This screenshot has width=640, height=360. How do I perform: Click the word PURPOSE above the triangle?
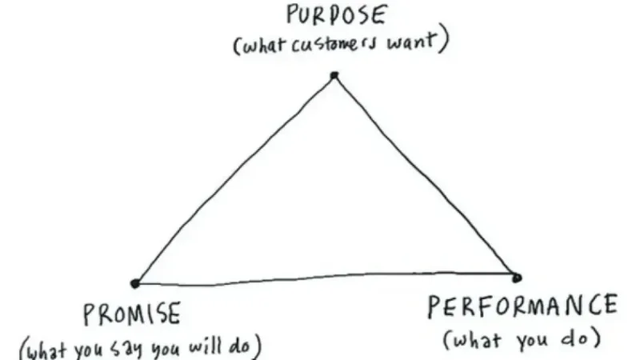pyautogui.click(x=335, y=15)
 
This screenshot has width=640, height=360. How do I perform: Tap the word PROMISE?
pyautogui.click(x=132, y=314)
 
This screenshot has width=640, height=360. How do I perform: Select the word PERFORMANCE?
pyautogui.click(x=522, y=306)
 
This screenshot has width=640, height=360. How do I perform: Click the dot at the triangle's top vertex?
pyautogui.click(x=334, y=75)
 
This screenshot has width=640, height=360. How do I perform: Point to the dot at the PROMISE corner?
pyautogui.click(x=134, y=283)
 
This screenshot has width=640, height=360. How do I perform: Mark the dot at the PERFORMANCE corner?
pyautogui.click(x=516, y=278)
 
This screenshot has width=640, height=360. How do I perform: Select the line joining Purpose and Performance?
pyautogui.click(x=425, y=175)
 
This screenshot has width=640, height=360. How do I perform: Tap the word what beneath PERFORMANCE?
pyautogui.click(x=477, y=339)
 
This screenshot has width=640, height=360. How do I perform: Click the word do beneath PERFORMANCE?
pyautogui.click(x=577, y=338)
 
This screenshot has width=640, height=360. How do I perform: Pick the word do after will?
pyautogui.click(x=239, y=346)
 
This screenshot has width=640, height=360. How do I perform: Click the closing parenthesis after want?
pyautogui.click(x=444, y=41)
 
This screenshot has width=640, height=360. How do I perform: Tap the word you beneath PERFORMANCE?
pyautogui.click(x=532, y=341)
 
